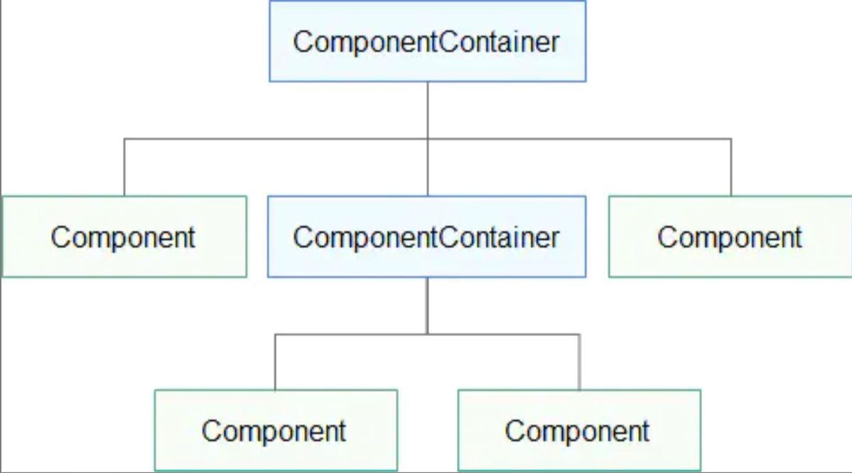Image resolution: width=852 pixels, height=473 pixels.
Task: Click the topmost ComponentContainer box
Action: pos(427,41)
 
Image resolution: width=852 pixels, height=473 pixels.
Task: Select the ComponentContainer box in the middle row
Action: pos(426,236)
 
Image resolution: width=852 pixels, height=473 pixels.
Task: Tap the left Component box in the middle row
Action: pos(124,236)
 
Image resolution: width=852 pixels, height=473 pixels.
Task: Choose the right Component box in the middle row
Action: pos(730,236)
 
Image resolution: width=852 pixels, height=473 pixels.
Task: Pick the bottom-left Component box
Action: pos(275,430)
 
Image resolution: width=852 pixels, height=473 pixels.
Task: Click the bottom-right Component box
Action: pos(578,430)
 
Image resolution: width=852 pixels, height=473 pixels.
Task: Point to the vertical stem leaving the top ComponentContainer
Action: pos(427,109)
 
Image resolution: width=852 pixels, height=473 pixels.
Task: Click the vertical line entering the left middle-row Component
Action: pos(124,168)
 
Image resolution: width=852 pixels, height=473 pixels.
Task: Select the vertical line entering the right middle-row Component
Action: pos(730,168)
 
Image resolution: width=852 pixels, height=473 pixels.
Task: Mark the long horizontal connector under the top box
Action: pos(284,138)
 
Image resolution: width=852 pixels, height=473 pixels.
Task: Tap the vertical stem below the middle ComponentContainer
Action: pos(427,305)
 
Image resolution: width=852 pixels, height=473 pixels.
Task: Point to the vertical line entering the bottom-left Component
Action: pos(275,362)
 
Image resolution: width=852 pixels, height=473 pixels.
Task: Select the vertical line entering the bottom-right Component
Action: pos(579,362)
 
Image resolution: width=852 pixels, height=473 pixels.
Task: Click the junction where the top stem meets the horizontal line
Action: pos(427,138)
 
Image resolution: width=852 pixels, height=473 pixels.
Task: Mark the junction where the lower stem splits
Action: pos(427,334)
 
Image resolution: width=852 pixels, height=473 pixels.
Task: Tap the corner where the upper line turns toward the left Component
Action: pos(124,138)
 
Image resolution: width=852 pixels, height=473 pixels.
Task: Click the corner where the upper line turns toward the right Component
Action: pos(730,138)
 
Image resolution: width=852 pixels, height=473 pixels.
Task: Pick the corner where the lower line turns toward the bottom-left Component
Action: pos(275,334)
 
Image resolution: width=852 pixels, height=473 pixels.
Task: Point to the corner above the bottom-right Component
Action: pos(579,334)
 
